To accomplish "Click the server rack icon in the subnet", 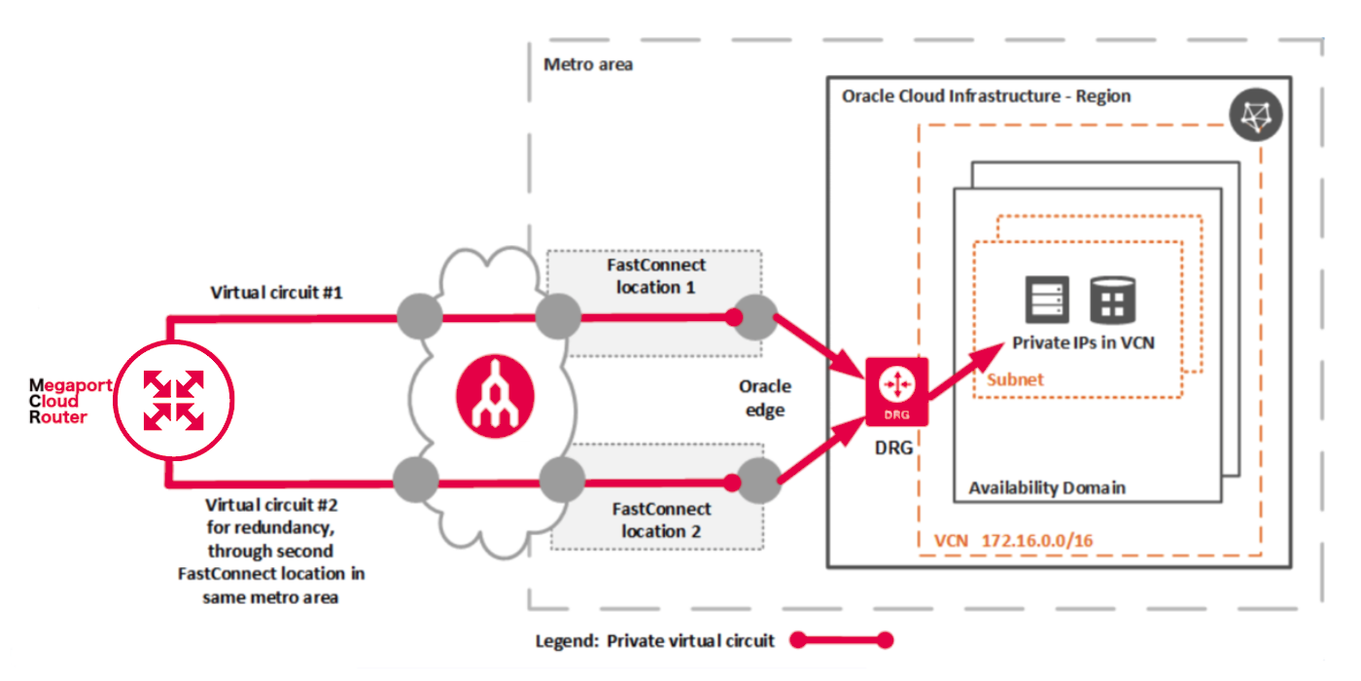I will tap(1047, 300).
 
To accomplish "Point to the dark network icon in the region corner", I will tap(1255, 117).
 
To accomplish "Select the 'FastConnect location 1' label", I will tap(656, 275).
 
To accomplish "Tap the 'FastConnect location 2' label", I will tap(660, 520).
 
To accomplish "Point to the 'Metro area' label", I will tap(588, 65).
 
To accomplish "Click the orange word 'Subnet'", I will tap(1015, 379).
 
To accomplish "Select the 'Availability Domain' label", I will tap(1047, 487).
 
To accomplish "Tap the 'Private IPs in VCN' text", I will tap(1083, 342).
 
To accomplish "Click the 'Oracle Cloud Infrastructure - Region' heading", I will tap(986, 96).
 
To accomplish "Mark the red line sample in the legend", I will tap(841, 640).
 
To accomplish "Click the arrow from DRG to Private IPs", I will tap(964, 373).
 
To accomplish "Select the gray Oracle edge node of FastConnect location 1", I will tap(756, 317).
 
